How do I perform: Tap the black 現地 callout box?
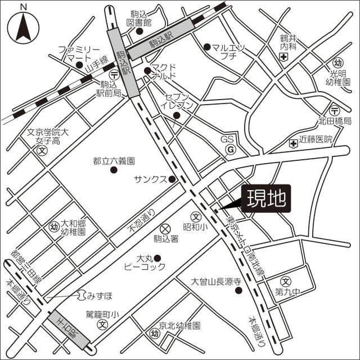[x=267, y=199]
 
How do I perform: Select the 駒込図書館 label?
[x=140, y=18]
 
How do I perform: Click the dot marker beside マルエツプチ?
[x=207, y=47]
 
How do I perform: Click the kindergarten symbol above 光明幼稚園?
[x=337, y=62]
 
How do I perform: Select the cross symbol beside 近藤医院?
[x=292, y=145]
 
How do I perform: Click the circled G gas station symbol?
[x=230, y=150]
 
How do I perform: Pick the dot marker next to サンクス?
[x=172, y=179]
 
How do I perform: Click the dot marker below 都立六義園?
[x=114, y=170]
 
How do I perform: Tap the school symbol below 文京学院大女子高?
[x=42, y=150]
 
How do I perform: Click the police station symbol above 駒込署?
[x=165, y=228]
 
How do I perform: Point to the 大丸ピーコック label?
[x=142, y=263]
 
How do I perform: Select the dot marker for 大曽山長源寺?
[x=238, y=291]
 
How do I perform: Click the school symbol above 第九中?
[x=286, y=281]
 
